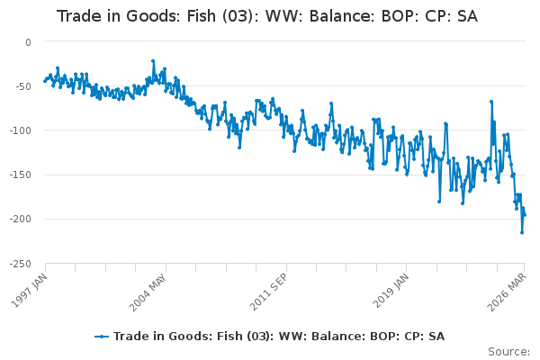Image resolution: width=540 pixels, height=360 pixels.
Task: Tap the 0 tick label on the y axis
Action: pyautogui.click(x=28, y=42)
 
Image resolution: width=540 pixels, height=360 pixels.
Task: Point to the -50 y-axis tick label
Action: pyautogui.click(x=23, y=86)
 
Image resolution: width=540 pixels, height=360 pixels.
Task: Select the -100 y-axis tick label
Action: pyautogui.click(x=21, y=130)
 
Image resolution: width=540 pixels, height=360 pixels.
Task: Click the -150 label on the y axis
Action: pyautogui.click(x=21, y=175)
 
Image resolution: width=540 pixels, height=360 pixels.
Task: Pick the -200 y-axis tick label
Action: pyautogui.click(x=21, y=219)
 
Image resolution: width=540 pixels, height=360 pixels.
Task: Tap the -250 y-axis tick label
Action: pyautogui.click(x=21, y=265)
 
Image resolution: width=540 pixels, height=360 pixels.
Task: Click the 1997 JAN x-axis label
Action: pyautogui.click(x=29, y=291)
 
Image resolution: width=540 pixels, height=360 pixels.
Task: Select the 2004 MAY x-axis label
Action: pyautogui.click(x=148, y=292)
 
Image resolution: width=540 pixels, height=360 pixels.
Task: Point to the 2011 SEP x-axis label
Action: pyautogui.click(x=267, y=292)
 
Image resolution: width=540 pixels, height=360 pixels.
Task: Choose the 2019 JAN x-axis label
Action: pyautogui.click(x=391, y=291)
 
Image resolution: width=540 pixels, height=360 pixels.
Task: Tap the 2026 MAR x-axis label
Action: pyautogui.click(x=507, y=292)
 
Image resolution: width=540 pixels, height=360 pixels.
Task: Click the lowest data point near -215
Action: pyautogui.click(x=522, y=232)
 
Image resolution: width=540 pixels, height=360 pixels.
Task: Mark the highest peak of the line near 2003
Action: pyautogui.click(x=153, y=61)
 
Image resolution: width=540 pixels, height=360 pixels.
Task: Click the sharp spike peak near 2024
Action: pyautogui.click(x=491, y=102)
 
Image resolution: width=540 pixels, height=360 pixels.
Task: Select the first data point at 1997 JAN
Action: pyautogui.click(x=44, y=81)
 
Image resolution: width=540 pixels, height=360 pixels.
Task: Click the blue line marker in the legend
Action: pyautogui.click(x=102, y=337)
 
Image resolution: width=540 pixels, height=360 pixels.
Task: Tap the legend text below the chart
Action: pyautogui.click(x=279, y=337)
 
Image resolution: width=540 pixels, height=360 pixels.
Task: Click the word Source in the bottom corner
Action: pyautogui.click(x=507, y=352)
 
